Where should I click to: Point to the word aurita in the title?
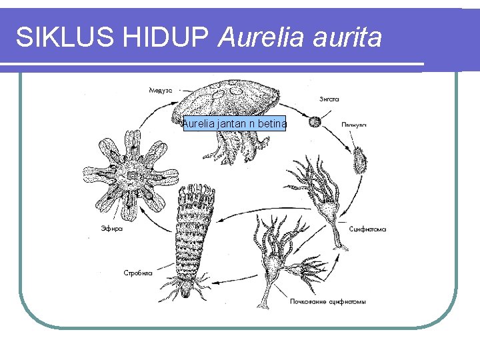pyautogui.click(x=349, y=38)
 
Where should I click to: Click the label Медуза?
pyautogui.click(x=160, y=90)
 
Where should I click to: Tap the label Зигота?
pyautogui.click(x=329, y=99)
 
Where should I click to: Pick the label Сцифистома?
pyautogui.click(x=367, y=229)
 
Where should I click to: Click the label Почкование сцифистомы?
pyautogui.click(x=327, y=301)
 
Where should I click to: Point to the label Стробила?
pyautogui.click(x=138, y=272)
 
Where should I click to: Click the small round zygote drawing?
pyautogui.click(x=314, y=122)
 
